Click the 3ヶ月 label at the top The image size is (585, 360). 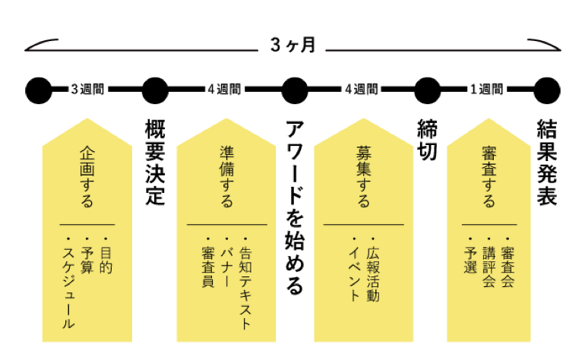point(292,45)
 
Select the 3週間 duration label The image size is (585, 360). point(87,90)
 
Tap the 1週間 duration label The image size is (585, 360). point(486,90)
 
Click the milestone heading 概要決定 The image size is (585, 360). point(155,163)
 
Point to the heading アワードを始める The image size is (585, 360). point(295,207)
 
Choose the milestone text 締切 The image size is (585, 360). point(427,141)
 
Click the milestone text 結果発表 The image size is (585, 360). point(547,163)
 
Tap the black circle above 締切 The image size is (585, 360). point(428,90)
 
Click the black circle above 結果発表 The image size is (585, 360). point(547,90)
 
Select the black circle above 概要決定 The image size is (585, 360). point(155,90)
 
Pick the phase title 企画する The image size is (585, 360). point(87,176)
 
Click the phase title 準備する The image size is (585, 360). point(226,176)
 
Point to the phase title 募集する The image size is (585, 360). point(363,176)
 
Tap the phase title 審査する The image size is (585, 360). point(489,176)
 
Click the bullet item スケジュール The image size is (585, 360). point(68,288)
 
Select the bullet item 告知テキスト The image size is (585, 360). point(245,288)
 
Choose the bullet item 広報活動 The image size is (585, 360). point(373,274)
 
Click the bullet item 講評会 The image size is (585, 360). point(489,267)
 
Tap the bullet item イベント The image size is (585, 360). point(354,274)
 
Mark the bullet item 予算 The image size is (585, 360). point(87,260)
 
